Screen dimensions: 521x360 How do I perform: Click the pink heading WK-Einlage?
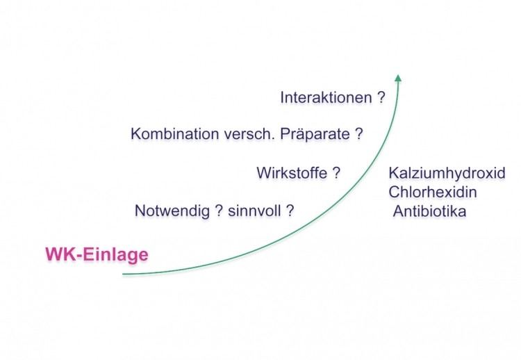tap(97, 254)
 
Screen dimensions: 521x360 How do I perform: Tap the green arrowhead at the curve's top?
tap(398, 78)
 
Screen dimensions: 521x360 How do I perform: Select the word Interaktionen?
tap(326, 98)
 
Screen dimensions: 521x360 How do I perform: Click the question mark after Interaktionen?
tap(381, 98)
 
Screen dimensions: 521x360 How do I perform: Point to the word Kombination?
tap(175, 134)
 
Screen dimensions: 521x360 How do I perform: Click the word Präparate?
tap(315, 134)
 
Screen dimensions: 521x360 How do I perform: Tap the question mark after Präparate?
tap(359, 134)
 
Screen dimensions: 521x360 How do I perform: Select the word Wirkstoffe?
tap(292, 173)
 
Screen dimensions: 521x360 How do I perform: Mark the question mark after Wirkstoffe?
tap(336, 173)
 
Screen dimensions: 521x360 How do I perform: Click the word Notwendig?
tap(172, 211)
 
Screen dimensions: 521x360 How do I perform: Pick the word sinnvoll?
tap(254, 211)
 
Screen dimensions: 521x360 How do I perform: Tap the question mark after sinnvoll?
tap(290, 211)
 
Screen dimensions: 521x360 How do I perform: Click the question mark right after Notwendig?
tap(219, 211)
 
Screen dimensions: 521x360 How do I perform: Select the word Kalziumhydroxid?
tap(447, 174)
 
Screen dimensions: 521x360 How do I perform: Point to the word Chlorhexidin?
tap(433, 192)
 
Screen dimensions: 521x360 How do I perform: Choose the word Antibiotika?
tap(429, 211)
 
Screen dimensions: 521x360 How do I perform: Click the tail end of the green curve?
tap(123, 275)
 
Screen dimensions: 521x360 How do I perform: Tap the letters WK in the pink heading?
tap(61, 254)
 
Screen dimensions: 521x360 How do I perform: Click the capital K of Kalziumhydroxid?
tap(393, 173)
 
